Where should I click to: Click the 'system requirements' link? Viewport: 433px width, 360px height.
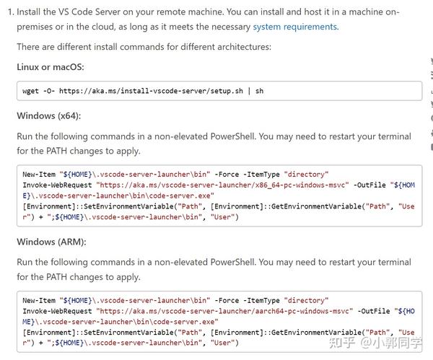294,27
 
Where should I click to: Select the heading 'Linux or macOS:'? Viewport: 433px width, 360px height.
51,66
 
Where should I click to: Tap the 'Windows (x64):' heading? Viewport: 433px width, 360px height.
49,115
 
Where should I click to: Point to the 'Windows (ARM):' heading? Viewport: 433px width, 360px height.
51,242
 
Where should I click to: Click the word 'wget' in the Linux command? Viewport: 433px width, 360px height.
31,91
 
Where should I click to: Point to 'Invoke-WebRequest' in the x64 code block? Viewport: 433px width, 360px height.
58,185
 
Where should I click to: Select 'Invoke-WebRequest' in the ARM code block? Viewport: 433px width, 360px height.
58,311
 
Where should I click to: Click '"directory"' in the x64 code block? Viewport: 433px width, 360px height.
307,175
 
